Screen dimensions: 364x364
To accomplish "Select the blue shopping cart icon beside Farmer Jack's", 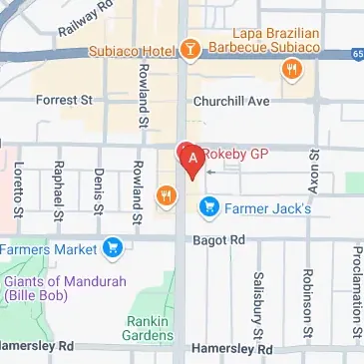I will pos(208,208).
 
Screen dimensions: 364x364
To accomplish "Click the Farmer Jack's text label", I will pos(268,208).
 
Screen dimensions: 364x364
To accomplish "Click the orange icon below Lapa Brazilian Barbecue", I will pos(292,69).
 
